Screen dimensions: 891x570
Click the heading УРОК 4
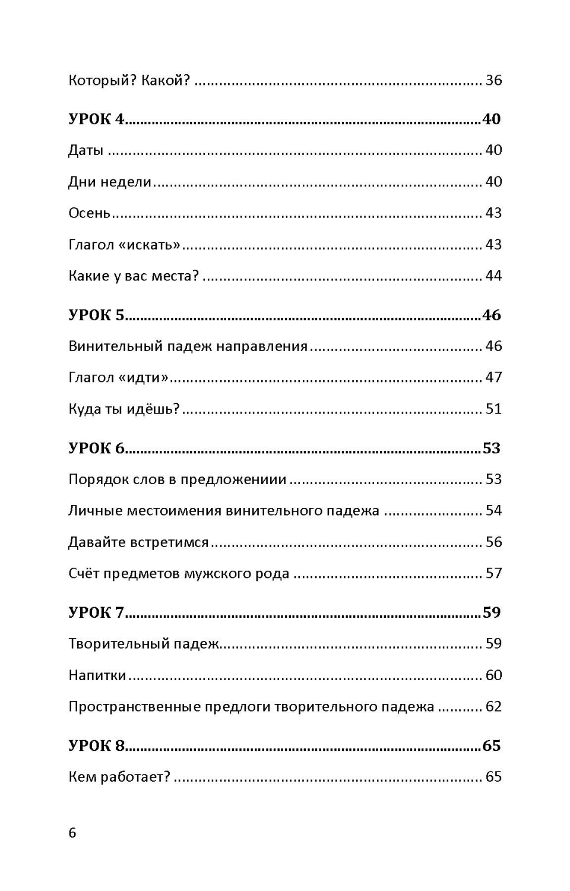[x=97, y=119]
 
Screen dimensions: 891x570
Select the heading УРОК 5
[x=97, y=315]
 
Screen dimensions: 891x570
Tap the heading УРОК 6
[x=97, y=448]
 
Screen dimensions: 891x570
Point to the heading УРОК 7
[x=97, y=612]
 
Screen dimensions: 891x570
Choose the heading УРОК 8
[x=97, y=745]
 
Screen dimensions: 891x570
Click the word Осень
[x=90, y=213]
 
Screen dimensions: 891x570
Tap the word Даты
[x=86, y=150]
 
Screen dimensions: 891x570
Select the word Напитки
[x=97, y=675]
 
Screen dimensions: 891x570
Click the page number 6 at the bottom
[x=72, y=832]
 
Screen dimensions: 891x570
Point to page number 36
[x=493, y=80]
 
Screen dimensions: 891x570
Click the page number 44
[x=493, y=276]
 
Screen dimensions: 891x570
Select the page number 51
[x=493, y=409]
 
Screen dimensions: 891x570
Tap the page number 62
[x=493, y=706]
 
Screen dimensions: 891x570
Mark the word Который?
[x=102, y=80]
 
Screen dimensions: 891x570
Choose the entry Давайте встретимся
[x=138, y=542]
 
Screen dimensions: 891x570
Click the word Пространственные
[x=134, y=706]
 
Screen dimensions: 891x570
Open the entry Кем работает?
[x=119, y=776]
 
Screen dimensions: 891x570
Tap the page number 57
[x=493, y=573]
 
